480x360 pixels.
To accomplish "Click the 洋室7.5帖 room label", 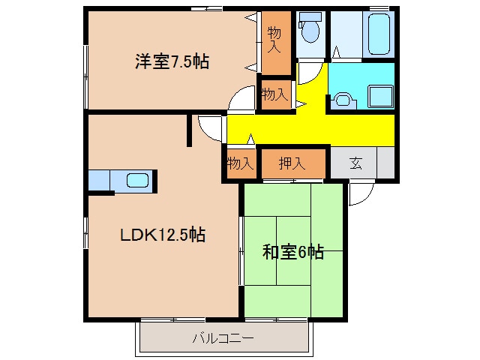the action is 172,61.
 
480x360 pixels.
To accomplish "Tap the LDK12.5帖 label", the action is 163,235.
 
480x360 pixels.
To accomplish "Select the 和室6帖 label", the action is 293,252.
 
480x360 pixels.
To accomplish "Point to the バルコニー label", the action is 223,338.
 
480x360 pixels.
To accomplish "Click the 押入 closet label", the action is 292,163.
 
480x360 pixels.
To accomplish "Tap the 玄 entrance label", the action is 356,163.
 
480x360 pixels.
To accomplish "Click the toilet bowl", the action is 310,31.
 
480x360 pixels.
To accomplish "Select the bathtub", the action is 379,34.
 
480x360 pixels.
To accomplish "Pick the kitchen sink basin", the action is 137,180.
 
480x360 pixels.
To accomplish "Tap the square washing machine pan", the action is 380,96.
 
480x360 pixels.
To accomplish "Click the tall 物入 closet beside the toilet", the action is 276,43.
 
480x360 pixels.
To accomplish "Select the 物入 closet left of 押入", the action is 241,163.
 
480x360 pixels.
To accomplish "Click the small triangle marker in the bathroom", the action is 336,52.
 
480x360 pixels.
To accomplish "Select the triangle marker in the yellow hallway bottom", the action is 250,139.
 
